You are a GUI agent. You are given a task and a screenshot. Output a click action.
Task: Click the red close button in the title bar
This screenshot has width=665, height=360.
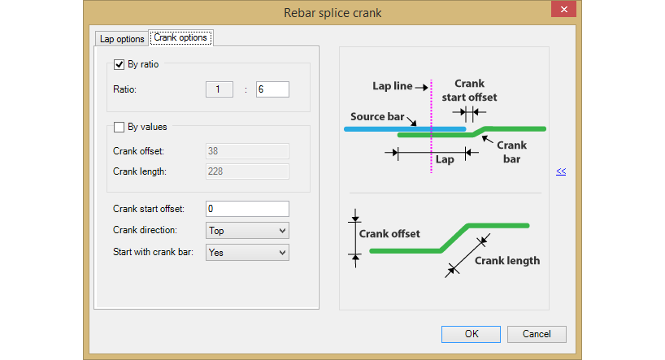[563, 9]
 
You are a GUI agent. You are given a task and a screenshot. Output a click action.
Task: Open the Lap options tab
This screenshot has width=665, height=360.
[122, 39]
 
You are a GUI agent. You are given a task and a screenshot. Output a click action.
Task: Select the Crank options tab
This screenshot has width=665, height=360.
[180, 37]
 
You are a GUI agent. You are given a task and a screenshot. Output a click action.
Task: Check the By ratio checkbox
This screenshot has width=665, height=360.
[119, 64]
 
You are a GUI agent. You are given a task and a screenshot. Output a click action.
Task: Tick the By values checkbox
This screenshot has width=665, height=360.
[119, 128]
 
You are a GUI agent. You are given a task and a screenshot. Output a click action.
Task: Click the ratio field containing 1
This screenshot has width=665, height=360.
[219, 89]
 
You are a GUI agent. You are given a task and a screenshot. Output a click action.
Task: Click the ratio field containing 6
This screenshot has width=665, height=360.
[272, 89]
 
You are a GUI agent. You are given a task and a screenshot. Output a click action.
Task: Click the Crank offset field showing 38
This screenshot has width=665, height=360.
[247, 151]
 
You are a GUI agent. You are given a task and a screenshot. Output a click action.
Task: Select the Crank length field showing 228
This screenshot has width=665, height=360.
[247, 171]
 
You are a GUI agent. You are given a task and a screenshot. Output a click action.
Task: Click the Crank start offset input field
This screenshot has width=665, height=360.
[247, 209]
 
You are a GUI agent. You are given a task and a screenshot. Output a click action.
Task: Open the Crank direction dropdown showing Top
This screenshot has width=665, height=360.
[247, 230]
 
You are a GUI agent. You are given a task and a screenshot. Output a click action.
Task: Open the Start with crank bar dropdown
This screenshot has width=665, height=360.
[247, 252]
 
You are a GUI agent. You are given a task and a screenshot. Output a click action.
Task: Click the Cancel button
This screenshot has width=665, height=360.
[537, 334]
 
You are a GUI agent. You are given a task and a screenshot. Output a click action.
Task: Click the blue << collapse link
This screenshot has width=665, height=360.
[561, 171]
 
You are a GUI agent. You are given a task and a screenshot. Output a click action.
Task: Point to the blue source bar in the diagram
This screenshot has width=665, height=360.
[405, 129]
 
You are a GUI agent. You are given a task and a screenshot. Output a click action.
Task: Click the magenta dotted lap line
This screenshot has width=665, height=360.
[432, 126]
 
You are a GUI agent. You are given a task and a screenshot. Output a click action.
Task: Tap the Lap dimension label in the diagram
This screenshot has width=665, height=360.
[445, 159]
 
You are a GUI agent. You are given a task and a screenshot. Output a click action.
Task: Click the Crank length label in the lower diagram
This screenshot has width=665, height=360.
[507, 260]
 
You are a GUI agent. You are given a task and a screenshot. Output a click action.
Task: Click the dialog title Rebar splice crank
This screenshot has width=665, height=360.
[332, 13]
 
